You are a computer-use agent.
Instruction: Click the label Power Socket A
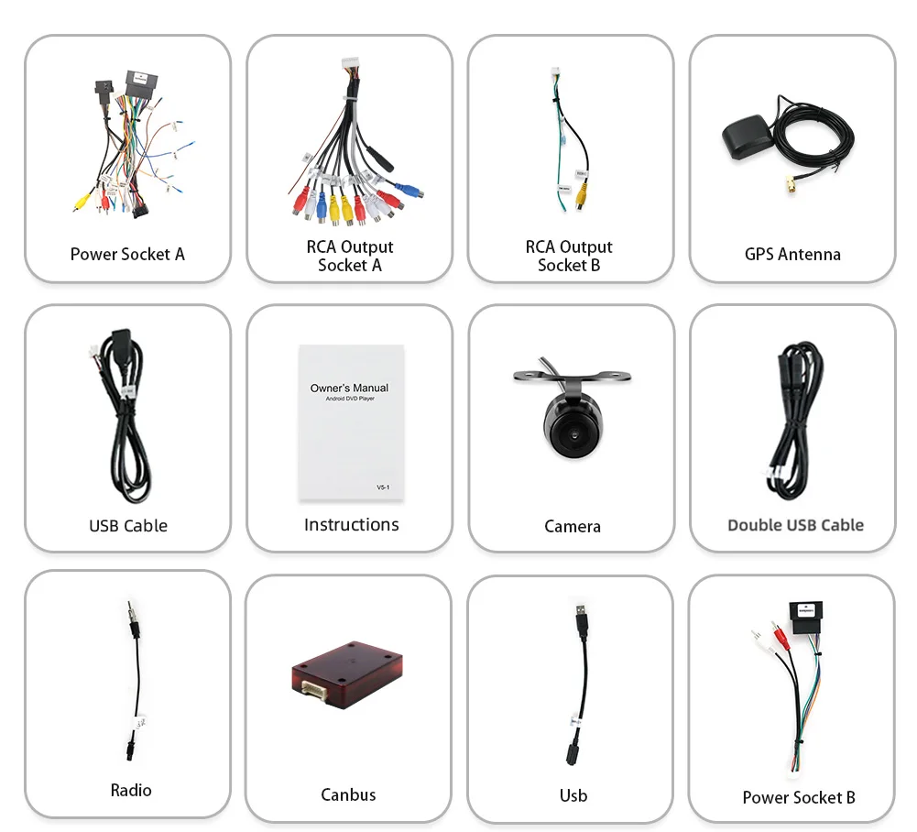[x=127, y=254]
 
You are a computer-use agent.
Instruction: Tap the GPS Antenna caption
[x=792, y=254]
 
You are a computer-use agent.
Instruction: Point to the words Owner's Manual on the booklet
[x=349, y=388]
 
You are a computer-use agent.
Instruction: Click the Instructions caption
[x=351, y=524]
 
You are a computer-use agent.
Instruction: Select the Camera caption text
[x=572, y=526]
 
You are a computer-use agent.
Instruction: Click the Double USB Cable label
[x=795, y=525]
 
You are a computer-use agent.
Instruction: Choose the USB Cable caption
[x=127, y=526]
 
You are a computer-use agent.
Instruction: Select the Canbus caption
[x=348, y=794]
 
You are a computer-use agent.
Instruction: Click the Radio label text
[x=130, y=790]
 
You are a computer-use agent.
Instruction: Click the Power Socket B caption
[x=798, y=797]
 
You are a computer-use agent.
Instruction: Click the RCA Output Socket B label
[x=568, y=256]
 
